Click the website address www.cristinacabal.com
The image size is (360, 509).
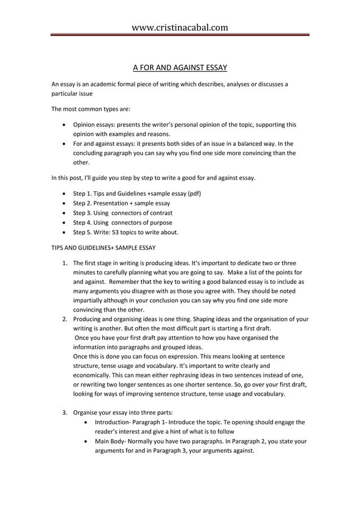click(x=179, y=27)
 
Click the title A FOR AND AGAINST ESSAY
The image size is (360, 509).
click(x=179, y=68)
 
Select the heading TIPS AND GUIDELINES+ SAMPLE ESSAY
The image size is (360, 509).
click(x=103, y=248)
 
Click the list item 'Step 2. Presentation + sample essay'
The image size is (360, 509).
click(x=121, y=203)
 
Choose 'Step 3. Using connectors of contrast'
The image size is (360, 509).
click(x=122, y=213)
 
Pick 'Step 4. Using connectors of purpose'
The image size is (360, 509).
click(x=122, y=222)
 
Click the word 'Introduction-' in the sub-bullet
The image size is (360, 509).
click(x=114, y=422)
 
